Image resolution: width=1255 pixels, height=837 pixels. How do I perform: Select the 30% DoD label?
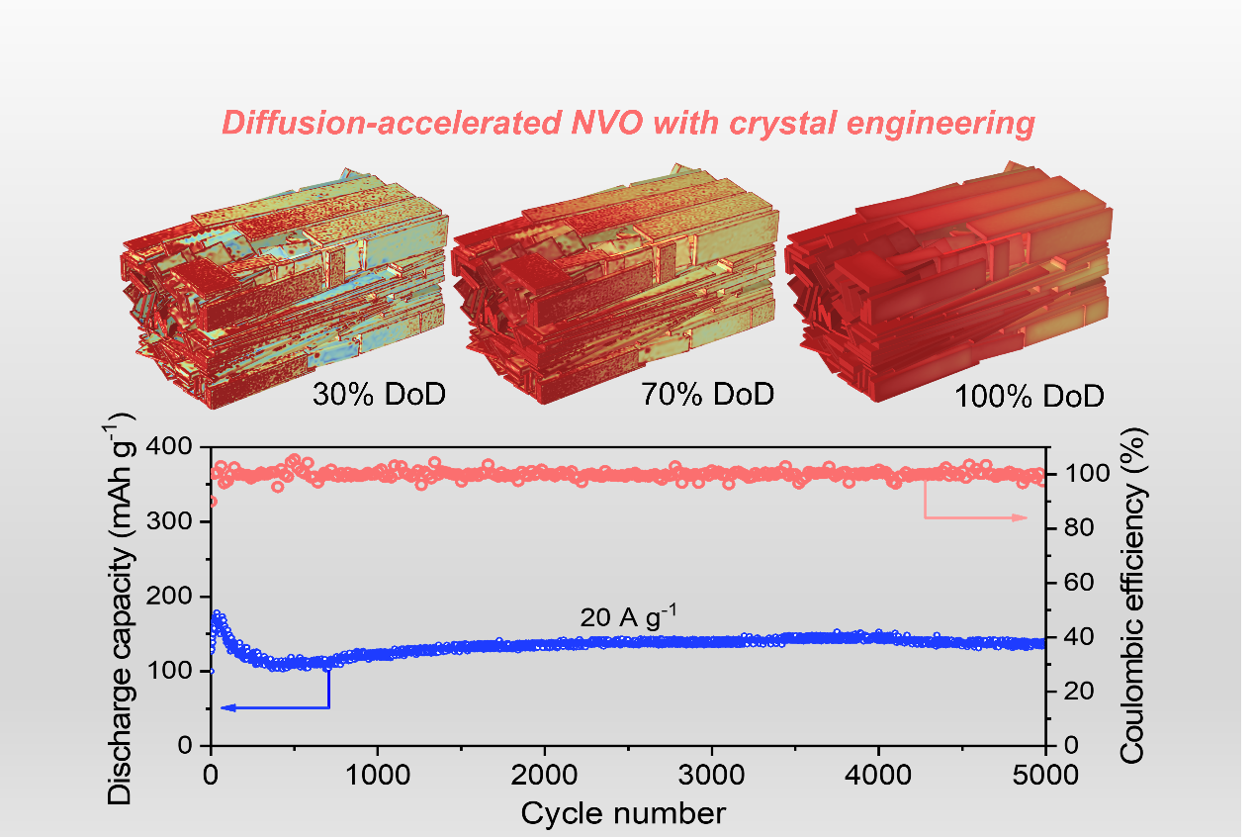coord(379,394)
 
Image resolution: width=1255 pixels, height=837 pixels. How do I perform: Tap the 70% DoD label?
coord(706,394)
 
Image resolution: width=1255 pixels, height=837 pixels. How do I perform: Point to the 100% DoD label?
coord(1029,397)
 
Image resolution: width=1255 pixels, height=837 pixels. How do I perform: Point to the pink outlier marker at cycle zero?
coord(212,502)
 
